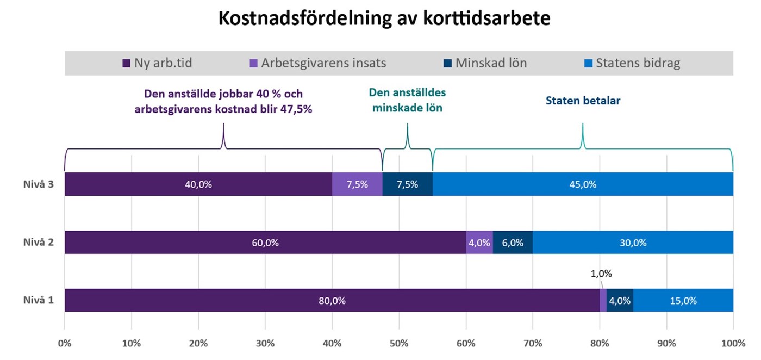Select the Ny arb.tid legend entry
pyautogui.click(x=158, y=63)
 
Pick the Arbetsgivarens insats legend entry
pyautogui.click(x=317, y=63)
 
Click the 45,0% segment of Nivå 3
pyautogui.click(x=583, y=184)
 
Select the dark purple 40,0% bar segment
pyautogui.click(x=198, y=184)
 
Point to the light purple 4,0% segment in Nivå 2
pyautogui.click(x=479, y=243)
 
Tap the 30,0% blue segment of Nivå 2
pyautogui.click(x=633, y=243)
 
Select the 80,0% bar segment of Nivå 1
pyautogui.click(x=332, y=301)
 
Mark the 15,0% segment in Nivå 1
pyautogui.click(x=683, y=301)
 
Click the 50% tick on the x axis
pyautogui.click(x=399, y=344)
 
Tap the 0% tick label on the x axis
pyautogui.click(x=65, y=344)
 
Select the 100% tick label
pyautogui.click(x=733, y=344)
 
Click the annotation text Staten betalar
pyautogui.click(x=583, y=101)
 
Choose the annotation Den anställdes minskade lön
pyautogui.click(x=407, y=100)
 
